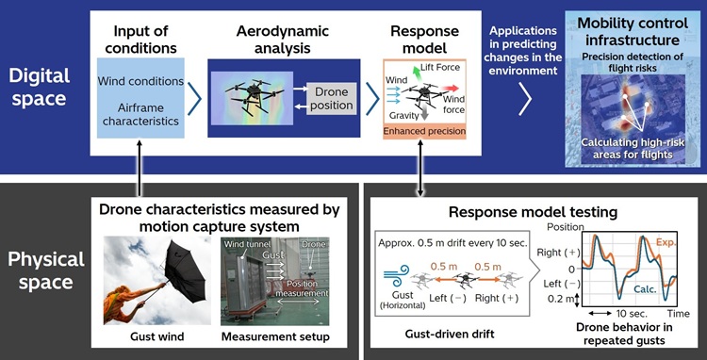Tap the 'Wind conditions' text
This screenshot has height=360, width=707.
139,81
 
